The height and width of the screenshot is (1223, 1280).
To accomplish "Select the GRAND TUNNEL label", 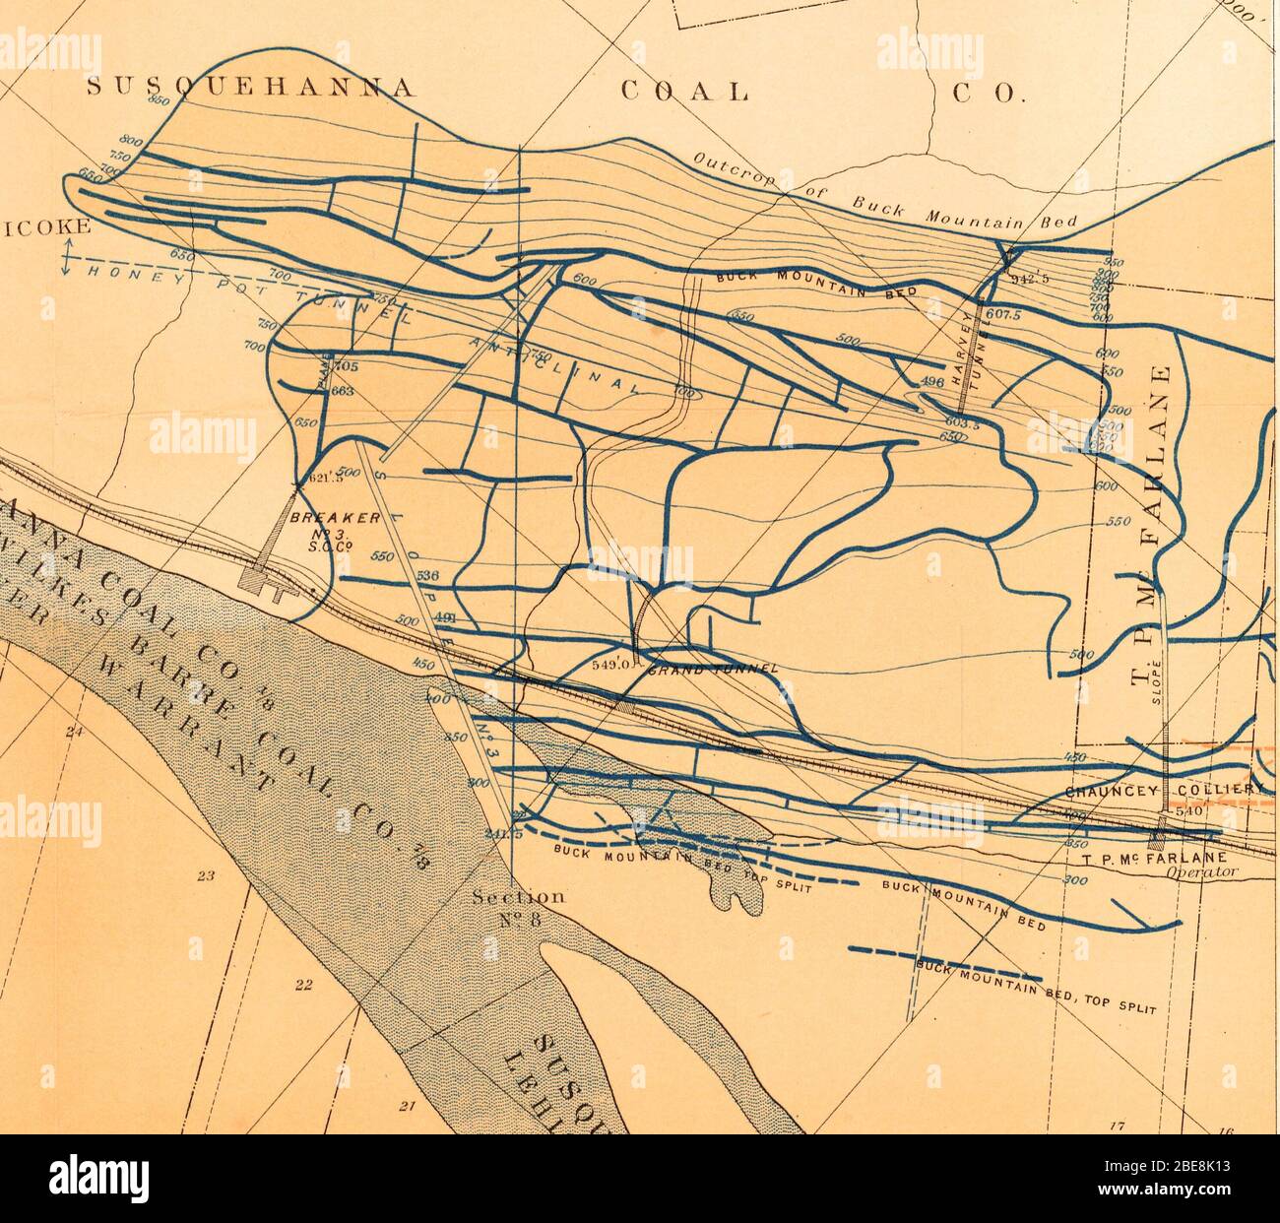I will (x=714, y=670).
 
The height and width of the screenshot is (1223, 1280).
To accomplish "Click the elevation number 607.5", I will (x=1004, y=316).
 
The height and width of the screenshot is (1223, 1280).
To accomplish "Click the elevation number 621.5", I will (x=325, y=479).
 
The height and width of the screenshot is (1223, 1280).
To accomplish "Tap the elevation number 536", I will (x=426, y=576).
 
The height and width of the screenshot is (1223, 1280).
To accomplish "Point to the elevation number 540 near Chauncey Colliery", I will (x=1190, y=812).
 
